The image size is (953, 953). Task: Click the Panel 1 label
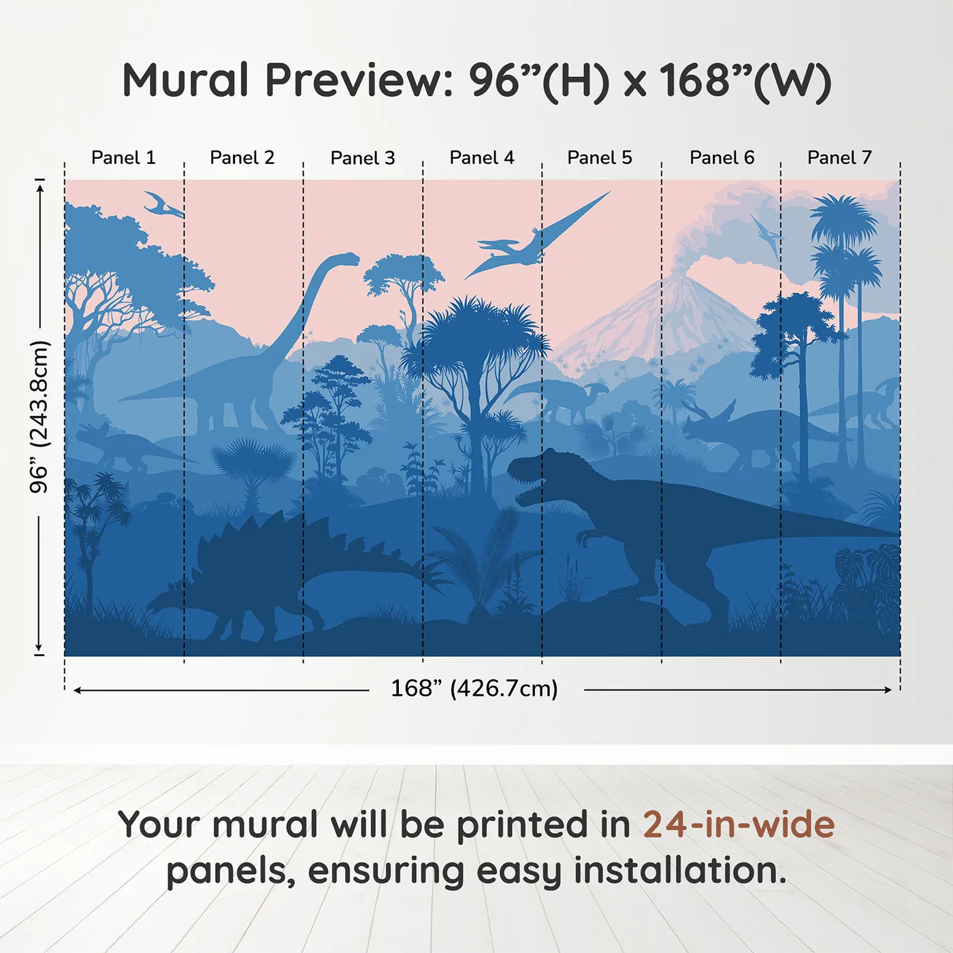tap(123, 158)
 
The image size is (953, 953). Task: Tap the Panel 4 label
tap(482, 158)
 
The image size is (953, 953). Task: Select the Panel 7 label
tap(839, 158)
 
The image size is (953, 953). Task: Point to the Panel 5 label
tap(600, 158)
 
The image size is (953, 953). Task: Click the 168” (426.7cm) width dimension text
tap(474, 688)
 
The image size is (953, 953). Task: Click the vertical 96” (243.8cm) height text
tap(39, 417)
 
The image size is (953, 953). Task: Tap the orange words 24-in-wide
tap(739, 824)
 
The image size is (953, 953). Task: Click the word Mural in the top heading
tap(185, 80)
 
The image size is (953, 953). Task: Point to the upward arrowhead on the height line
tap(42, 187)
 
